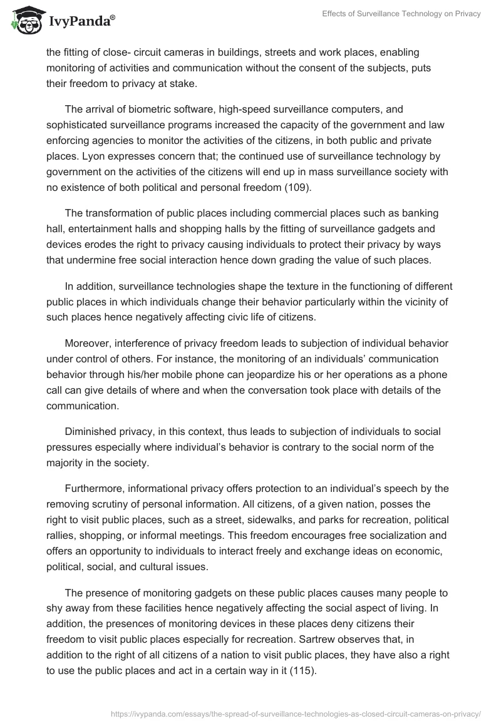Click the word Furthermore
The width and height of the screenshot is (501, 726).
pyautogui.click(x=93, y=488)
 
